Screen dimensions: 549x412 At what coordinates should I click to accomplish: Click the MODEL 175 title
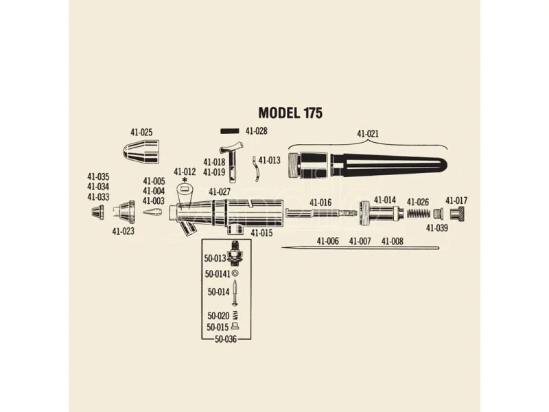pyautogui.click(x=290, y=113)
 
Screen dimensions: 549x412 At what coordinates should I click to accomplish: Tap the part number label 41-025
pyautogui.click(x=141, y=133)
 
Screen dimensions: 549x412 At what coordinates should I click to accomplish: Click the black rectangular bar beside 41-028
pyautogui.click(x=230, y=131)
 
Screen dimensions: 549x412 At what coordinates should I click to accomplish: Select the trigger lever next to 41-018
pyautogui.click(x=232, y=162)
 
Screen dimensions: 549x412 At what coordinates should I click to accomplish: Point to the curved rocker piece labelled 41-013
pyautogui.click(x=256, y=169)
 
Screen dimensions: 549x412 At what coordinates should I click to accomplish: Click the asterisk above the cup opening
pyautogui.click(x=185, y=180)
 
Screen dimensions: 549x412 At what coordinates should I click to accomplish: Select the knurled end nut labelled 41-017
pyautogui.click(x=457, y=213)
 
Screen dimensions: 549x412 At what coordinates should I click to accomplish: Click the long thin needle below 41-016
pyautogui.click(x=360, y=249)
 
